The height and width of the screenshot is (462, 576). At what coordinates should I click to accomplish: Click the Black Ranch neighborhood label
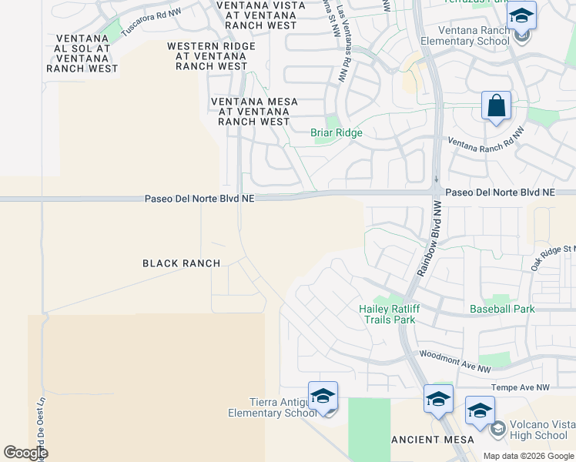[x=182, y=263]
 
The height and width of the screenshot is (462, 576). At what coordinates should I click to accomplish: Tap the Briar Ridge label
[x=336, y=132]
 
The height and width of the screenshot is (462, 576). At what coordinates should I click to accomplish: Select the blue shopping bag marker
[x=496, y=105]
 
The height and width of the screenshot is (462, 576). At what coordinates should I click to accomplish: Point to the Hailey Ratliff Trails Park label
[x=387, y=314]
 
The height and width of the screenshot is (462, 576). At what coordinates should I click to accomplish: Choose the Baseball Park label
[x=502, y=309]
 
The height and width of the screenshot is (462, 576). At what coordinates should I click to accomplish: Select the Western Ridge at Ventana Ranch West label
[x=211, y=56]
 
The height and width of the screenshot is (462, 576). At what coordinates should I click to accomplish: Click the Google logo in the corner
[x=25, y=453]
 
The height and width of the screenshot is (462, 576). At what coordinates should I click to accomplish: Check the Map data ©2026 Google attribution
[x=527, y=456]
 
